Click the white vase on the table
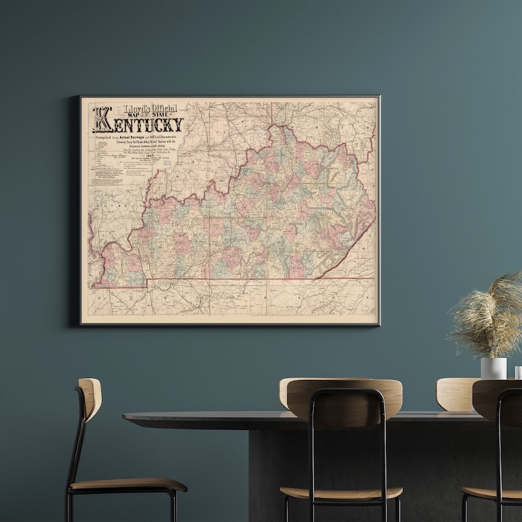(x=493, y=368)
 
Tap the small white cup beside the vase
(x=517, y=372)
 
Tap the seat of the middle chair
(x=341, y=493)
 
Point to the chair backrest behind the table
(x=454, y=393)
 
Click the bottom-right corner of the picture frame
(x=379, y=325)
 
